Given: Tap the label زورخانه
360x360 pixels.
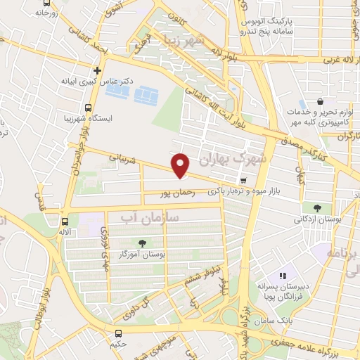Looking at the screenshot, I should tap(39, 12).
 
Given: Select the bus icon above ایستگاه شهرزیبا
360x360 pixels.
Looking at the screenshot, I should tap(88, 108).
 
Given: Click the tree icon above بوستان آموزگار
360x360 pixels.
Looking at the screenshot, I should tap(143, 243).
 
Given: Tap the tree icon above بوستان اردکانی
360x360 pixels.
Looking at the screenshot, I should tap(318, 208).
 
